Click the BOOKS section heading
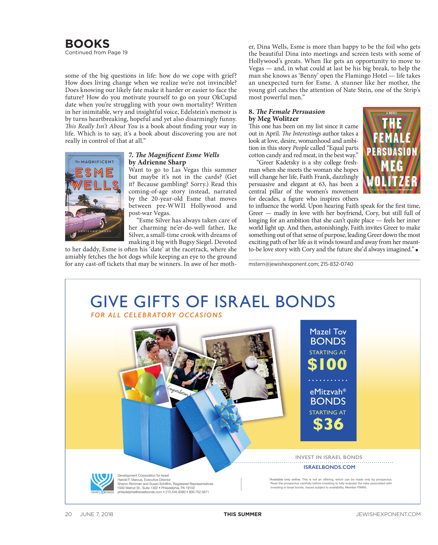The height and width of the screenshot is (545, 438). coord(87,44)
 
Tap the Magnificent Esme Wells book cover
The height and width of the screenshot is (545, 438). coord(94,196)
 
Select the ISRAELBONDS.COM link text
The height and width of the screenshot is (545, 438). coord(329,467)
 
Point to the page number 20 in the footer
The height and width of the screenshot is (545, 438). coord(69,514)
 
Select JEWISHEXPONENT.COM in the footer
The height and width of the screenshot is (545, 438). coord(388,514)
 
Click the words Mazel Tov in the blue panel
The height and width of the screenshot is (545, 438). coord(328,332)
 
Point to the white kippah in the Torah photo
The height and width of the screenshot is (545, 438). coord(252,360)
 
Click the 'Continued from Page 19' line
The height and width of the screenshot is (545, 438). coord(96,53)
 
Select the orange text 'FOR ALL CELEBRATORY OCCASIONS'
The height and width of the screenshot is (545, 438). coord(156,315)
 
